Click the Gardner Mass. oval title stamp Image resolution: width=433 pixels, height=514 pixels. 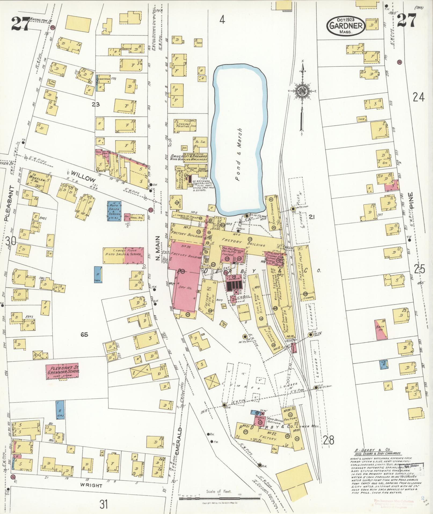point(345,26)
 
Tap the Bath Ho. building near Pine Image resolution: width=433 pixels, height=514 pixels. point(381,330)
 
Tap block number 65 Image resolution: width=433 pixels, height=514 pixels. point(84,335)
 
